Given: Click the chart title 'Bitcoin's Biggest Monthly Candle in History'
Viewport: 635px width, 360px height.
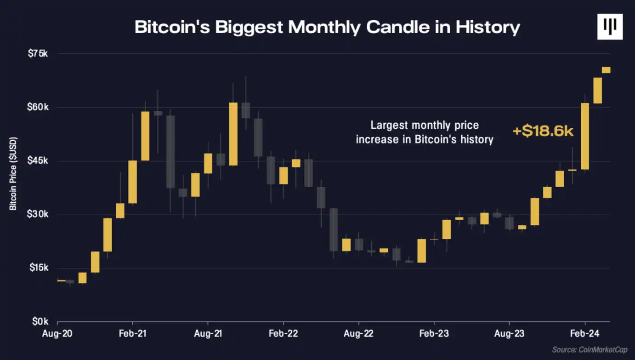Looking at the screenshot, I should (327, 28).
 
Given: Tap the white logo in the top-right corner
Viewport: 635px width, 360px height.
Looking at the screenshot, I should (609, 26).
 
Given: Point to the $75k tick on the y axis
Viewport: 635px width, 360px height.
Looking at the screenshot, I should (38, 54).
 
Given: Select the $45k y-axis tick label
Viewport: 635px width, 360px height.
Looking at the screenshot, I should (38, 161).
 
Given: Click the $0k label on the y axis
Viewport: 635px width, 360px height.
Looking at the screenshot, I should (40, 321).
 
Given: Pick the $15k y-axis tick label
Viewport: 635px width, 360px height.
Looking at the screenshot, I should (38, 268).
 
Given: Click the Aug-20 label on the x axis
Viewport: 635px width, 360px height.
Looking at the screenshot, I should (57, 333).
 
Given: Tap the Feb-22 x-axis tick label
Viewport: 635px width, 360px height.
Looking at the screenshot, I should (283, 333).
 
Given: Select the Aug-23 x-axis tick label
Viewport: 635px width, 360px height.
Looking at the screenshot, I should (509, 333).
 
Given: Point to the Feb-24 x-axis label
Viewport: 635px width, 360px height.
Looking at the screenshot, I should (584, 333).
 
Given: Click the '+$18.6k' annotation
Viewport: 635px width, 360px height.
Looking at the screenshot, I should (543, 131).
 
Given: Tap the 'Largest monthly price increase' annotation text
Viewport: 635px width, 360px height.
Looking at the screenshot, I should (425, 132).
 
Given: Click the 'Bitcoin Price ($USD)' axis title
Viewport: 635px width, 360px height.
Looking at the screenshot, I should (13, 174).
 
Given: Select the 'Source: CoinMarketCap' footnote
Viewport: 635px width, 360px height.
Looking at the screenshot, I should (590, 350).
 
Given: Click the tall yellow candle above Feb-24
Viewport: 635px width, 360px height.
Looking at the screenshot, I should (585, 136).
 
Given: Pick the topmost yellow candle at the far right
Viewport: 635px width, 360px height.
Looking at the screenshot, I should (606, 70).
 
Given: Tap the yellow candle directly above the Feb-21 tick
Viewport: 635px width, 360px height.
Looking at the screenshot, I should (132, 182).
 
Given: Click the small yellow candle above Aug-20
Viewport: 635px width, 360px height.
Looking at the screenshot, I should (61, 280).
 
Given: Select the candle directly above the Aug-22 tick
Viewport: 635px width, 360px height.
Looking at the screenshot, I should (359, 244).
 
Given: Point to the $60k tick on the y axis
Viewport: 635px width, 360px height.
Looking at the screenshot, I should (38, 108).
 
